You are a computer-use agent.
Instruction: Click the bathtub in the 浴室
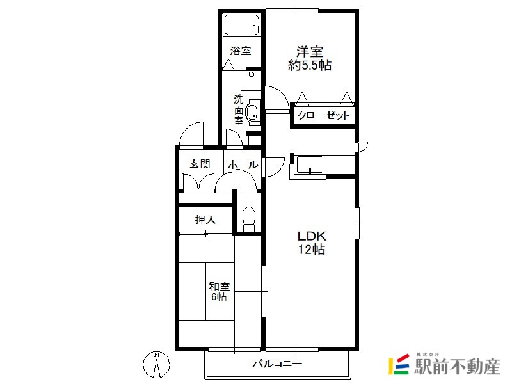pyautogui.click(x=242, y=24)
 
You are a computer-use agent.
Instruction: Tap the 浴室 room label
pyautogui.click(x=241, y=51)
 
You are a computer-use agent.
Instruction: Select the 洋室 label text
pyautogui.click(x=310, y=52)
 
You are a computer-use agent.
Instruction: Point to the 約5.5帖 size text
pyautogui.click(x=310, y=65)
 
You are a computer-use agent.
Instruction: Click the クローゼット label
pyautogui.click(x=324, y=115)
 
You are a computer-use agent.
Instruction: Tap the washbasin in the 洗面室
pyautogui.click(x=252, y=113)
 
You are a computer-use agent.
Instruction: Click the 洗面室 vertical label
pyautogui.click(x=239, y=110)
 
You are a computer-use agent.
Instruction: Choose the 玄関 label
pyautogui.click(x=200, y=164)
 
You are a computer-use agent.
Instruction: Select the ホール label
pyautogui.click(x=243, y=164)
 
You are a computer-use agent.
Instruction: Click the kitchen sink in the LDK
pyautogui.click(x=310, y=164)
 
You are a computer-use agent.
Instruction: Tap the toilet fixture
pyautogui.click(x=249, y=219)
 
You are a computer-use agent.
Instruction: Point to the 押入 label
pyautogui.click(x=205, y=220)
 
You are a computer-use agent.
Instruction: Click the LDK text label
pyautogui.click(x=312, y=236)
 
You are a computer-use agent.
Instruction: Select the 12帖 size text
pyautogui.click(x=312, y=250)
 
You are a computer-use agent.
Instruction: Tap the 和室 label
pyautogui.click(x=220, y=286)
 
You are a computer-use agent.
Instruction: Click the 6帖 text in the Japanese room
pyautogui.click(x=219, y=297)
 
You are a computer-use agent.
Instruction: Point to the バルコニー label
pyautogui.click(x=278, y=364)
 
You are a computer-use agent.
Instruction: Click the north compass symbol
pyautogui.click(x=157, y=364)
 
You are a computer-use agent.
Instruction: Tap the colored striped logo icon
pyautogui.click(x=399, y=364)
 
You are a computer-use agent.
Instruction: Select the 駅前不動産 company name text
pyautogui.click(x=457, y=367)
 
